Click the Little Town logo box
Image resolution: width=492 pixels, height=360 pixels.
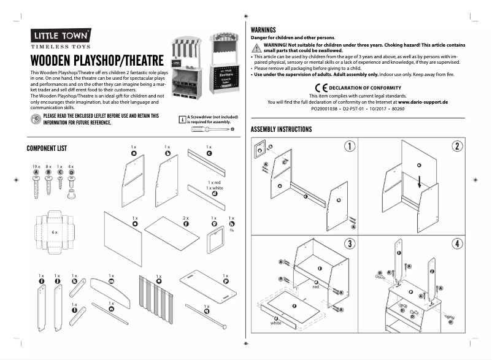tap(61, 35)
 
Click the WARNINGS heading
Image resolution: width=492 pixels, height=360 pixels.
tap(264, 29)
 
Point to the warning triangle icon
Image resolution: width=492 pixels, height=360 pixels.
tap(257, 47)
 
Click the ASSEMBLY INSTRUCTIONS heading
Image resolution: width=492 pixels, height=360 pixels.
tap(282, 129)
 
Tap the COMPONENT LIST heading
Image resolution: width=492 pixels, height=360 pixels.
tap(51, 148)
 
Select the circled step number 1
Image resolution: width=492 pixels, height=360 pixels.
tap(349, 146)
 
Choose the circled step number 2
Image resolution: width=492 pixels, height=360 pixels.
tap(457, 146)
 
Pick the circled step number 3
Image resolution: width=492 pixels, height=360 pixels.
tap(349, 243)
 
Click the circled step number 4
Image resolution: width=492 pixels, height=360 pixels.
tap(457, 243)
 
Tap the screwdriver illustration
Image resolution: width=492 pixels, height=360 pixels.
tap(215, 129)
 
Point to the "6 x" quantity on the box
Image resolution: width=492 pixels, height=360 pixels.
tap(55, 232)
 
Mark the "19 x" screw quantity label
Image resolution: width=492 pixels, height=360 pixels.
tap(36, 167)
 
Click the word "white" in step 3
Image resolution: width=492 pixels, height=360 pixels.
tap(276, 323)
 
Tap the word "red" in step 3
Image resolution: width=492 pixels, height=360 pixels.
tap(316, 286)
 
